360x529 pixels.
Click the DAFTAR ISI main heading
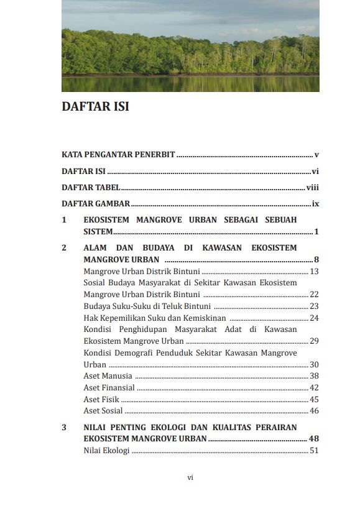point(95,106)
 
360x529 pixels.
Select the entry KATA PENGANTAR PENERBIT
point(118,154)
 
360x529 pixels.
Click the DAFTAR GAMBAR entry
point(96,203)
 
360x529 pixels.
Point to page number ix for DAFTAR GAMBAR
point(315,203)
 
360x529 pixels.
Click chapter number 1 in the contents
point(64,220)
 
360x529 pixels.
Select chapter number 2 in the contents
point(64,248)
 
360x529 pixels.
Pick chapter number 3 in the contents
point(64,428)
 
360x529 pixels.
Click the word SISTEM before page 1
point(98,231)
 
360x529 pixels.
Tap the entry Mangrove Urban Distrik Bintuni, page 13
point(142,272)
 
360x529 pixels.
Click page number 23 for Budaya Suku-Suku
point(314,306)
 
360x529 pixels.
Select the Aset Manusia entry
point(108,376)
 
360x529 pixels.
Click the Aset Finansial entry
point(109,388)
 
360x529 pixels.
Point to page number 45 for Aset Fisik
point(314,400)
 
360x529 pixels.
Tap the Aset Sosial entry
point(103,411)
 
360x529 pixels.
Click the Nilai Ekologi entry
point(106,451)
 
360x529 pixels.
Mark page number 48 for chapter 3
point(314,439)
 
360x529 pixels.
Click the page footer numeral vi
point(190,477)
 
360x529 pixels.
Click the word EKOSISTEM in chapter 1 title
point(107,220)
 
